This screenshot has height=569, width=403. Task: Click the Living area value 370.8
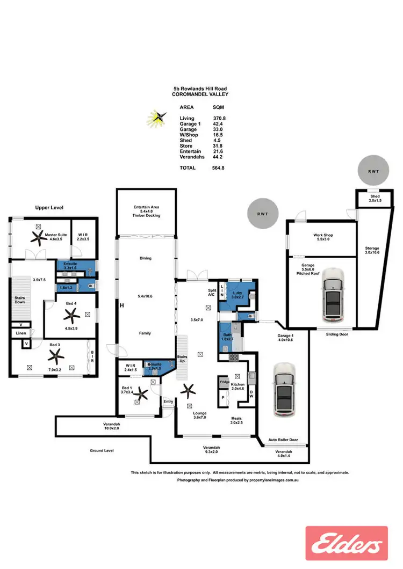[x=219, y=118]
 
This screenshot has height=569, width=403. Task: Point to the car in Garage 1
[x=284, y=390]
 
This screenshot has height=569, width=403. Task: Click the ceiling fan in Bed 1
[x=141, y=395]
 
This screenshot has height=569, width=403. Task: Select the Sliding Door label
[x=339, y=333]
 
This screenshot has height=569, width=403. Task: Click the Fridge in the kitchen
[x=224, y=383]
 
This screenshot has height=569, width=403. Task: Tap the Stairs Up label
[x=182, y=359]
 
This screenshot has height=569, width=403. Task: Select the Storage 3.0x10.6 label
[x=372, y=251]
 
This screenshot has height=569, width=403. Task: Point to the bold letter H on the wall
[x=123, y=305]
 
